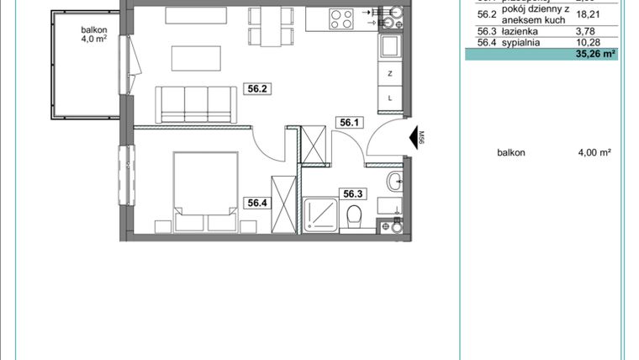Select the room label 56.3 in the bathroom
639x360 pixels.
(x=351, y=193)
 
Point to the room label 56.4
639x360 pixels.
(x=257, y=202)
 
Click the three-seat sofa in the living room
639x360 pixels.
(x=194, y=102)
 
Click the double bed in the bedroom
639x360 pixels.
(x=205, y=190)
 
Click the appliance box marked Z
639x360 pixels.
(x=390, y=74)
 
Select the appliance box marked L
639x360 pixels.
(x=390, y=98)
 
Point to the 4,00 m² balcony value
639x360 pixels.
(x=594, y=152)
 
